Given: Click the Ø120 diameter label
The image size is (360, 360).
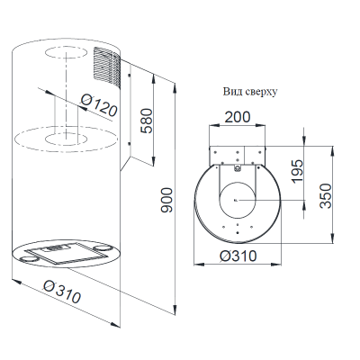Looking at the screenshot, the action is tap(99, 104).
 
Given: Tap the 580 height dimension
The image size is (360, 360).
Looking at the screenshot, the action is tap(147, 121).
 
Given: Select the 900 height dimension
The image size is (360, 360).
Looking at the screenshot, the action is tap(166, 201).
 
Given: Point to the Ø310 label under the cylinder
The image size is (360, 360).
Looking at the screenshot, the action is tap(62, 291).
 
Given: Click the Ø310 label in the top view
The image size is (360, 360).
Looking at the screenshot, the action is tap(238, 256).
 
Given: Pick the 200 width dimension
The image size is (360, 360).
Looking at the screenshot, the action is tap(238, 117).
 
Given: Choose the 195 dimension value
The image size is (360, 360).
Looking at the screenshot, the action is tap(297, 171).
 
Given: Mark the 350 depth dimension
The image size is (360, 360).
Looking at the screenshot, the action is tap(326, 195).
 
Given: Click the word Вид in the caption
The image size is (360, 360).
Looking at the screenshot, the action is tap(231, 92).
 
